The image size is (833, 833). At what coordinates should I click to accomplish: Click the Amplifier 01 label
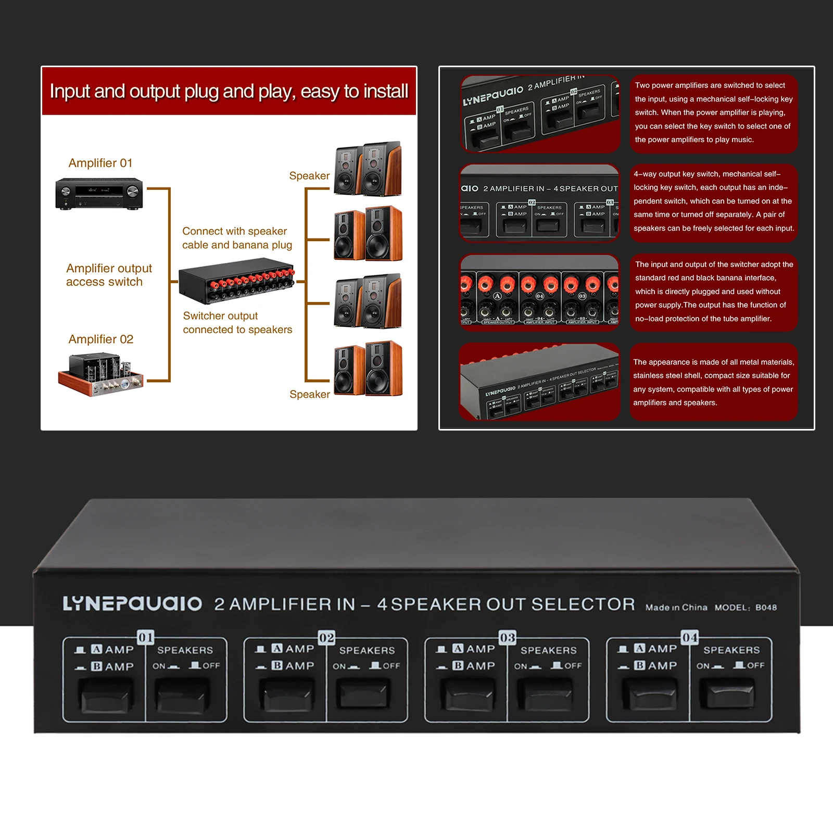pos(100,163)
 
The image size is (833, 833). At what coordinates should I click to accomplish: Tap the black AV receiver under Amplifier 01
pos(99,193)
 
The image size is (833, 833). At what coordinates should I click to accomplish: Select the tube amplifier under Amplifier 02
pos(100,374)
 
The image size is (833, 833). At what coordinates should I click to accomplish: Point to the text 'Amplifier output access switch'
pos(109,275)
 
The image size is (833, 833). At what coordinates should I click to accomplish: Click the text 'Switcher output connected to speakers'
pos(237,323)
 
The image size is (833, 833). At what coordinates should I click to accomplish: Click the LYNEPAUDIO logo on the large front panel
pos(132,604)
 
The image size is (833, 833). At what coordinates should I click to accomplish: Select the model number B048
pos(766,608)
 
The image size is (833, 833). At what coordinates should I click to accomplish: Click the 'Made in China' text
pos(676,608)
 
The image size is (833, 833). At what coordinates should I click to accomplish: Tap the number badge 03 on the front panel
pos(507,638)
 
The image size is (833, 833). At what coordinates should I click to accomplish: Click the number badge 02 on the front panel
pos(326,638)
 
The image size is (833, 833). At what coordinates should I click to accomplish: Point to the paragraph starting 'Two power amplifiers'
pos(713,112)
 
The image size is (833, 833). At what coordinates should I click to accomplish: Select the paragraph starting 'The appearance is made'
pos(713,382)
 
